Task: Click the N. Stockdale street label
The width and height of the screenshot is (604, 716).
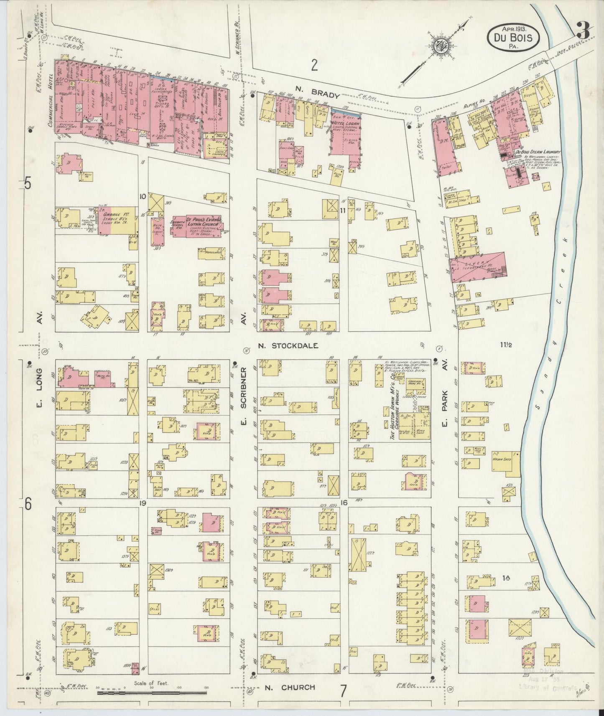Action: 288,345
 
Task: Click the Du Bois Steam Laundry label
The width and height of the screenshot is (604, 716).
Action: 537,153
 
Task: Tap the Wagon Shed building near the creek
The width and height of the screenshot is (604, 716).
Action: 507,464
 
